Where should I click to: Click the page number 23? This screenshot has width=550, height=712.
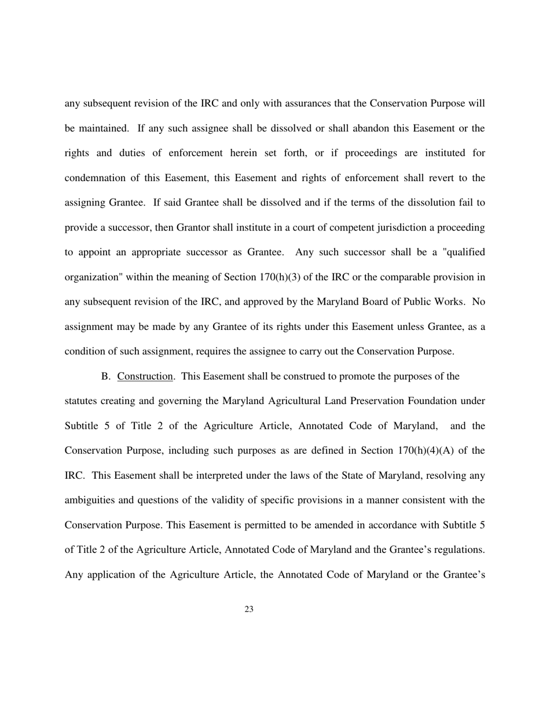249,609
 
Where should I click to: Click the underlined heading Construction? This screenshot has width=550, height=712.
145,376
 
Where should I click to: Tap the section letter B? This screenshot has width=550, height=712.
105,376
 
